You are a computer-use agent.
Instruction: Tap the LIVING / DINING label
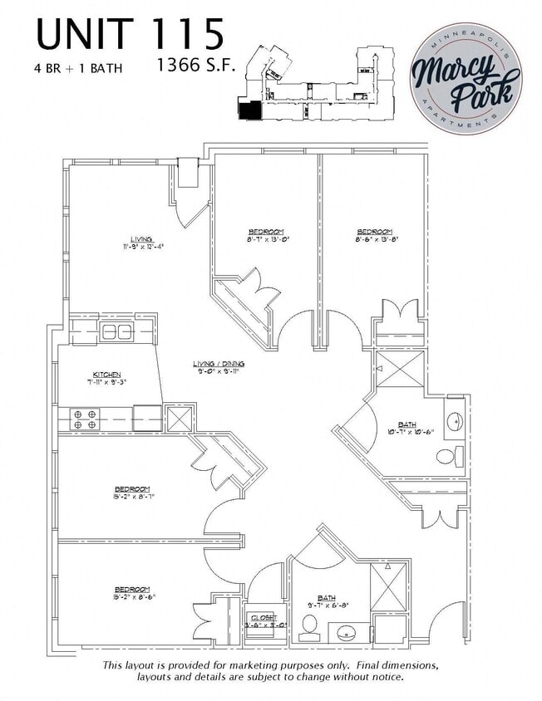(x=219, y=367)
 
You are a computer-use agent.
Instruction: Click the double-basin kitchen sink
(x=116, y=332)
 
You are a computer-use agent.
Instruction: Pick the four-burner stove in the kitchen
(x=82, y=418)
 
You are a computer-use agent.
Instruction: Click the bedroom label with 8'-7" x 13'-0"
(x=266, y=234)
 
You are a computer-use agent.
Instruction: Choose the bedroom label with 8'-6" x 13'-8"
(x=375, y=235)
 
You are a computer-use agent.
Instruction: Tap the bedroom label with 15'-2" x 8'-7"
(x=132, y=492)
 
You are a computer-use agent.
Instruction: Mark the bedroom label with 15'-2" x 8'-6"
(x=132, y=591)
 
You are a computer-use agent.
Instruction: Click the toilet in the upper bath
(x=448, y=456)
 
